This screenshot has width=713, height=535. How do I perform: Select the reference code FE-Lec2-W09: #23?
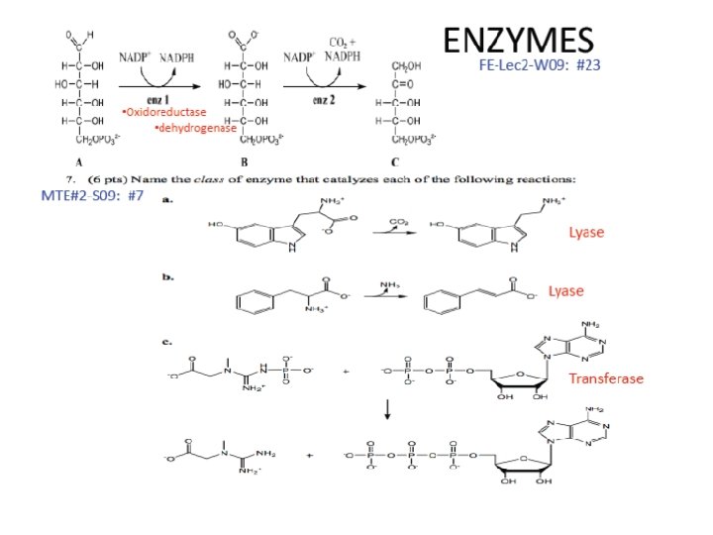(x=540, y=64)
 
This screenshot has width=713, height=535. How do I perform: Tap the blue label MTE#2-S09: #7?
(x=92, y=195)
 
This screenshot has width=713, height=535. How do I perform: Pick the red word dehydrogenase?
(x=195, y=129)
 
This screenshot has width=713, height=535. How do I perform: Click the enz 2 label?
(x=324, y=101)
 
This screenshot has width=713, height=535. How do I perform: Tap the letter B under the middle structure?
(x=244, y=161)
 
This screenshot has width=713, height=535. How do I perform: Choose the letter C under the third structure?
(x=395, y=161)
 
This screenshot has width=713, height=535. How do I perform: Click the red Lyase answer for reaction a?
(x=585, y=232)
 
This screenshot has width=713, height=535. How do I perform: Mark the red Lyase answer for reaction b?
(x=565, y=291)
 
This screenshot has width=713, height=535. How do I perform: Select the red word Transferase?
(x=605, y=378)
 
